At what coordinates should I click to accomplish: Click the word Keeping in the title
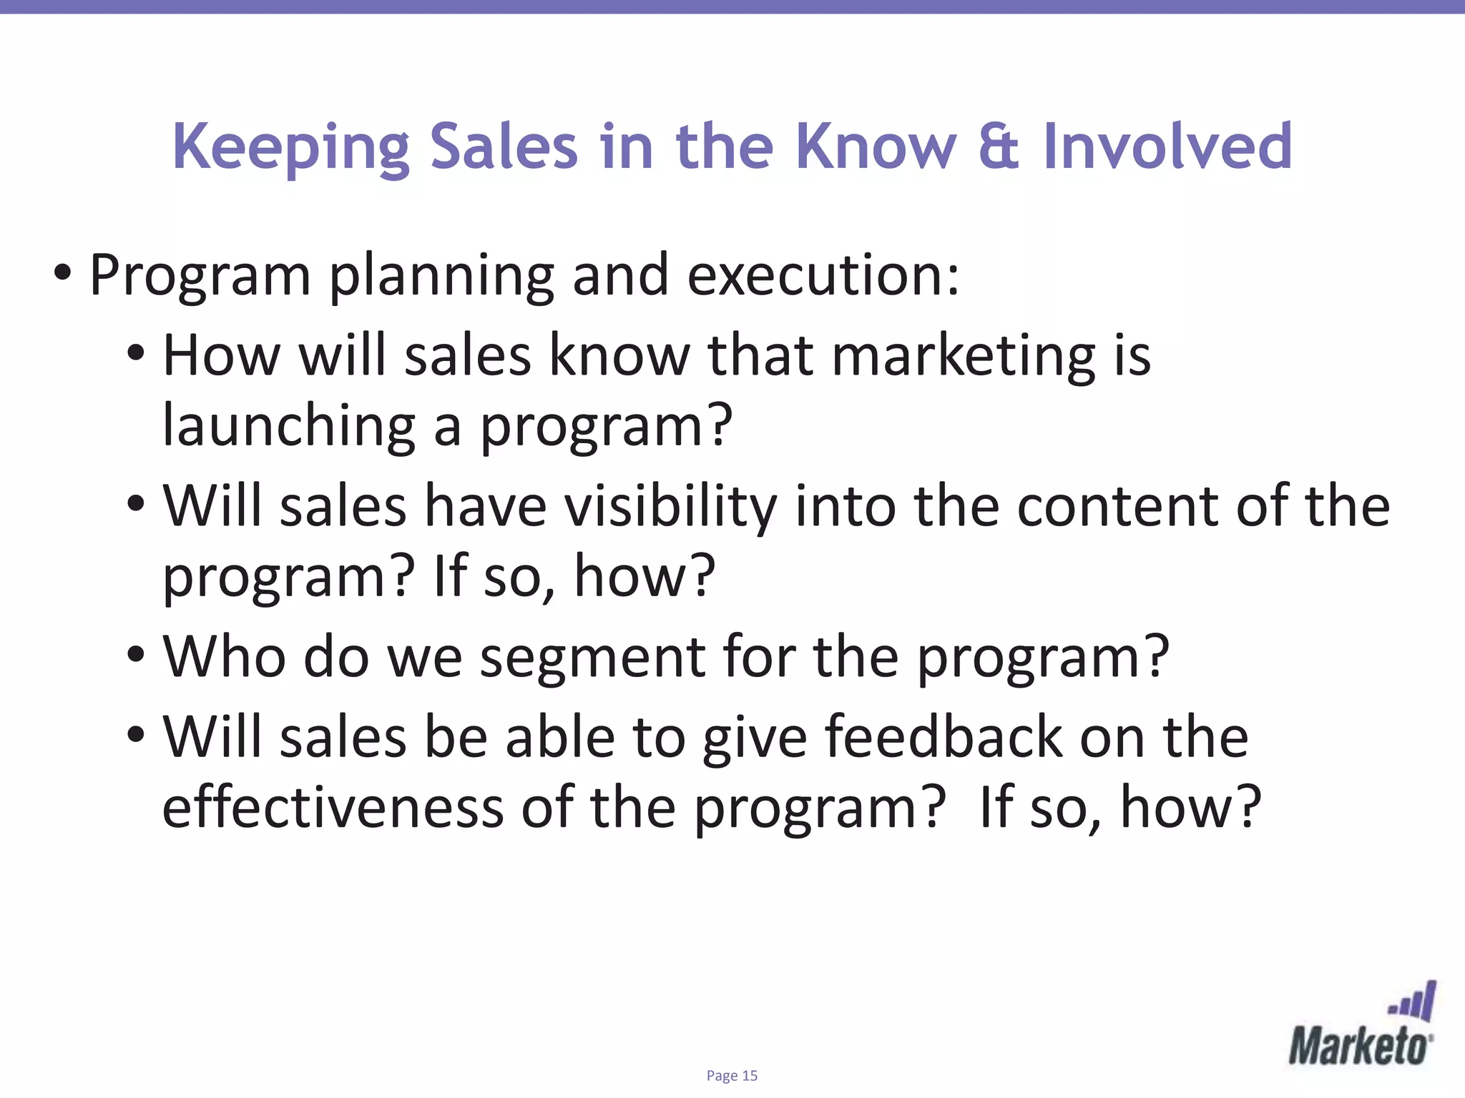290,147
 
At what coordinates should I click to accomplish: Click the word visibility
670,507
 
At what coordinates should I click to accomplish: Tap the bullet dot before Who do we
136,654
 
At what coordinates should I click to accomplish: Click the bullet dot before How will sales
136,352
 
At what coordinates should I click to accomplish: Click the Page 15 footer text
732,1076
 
